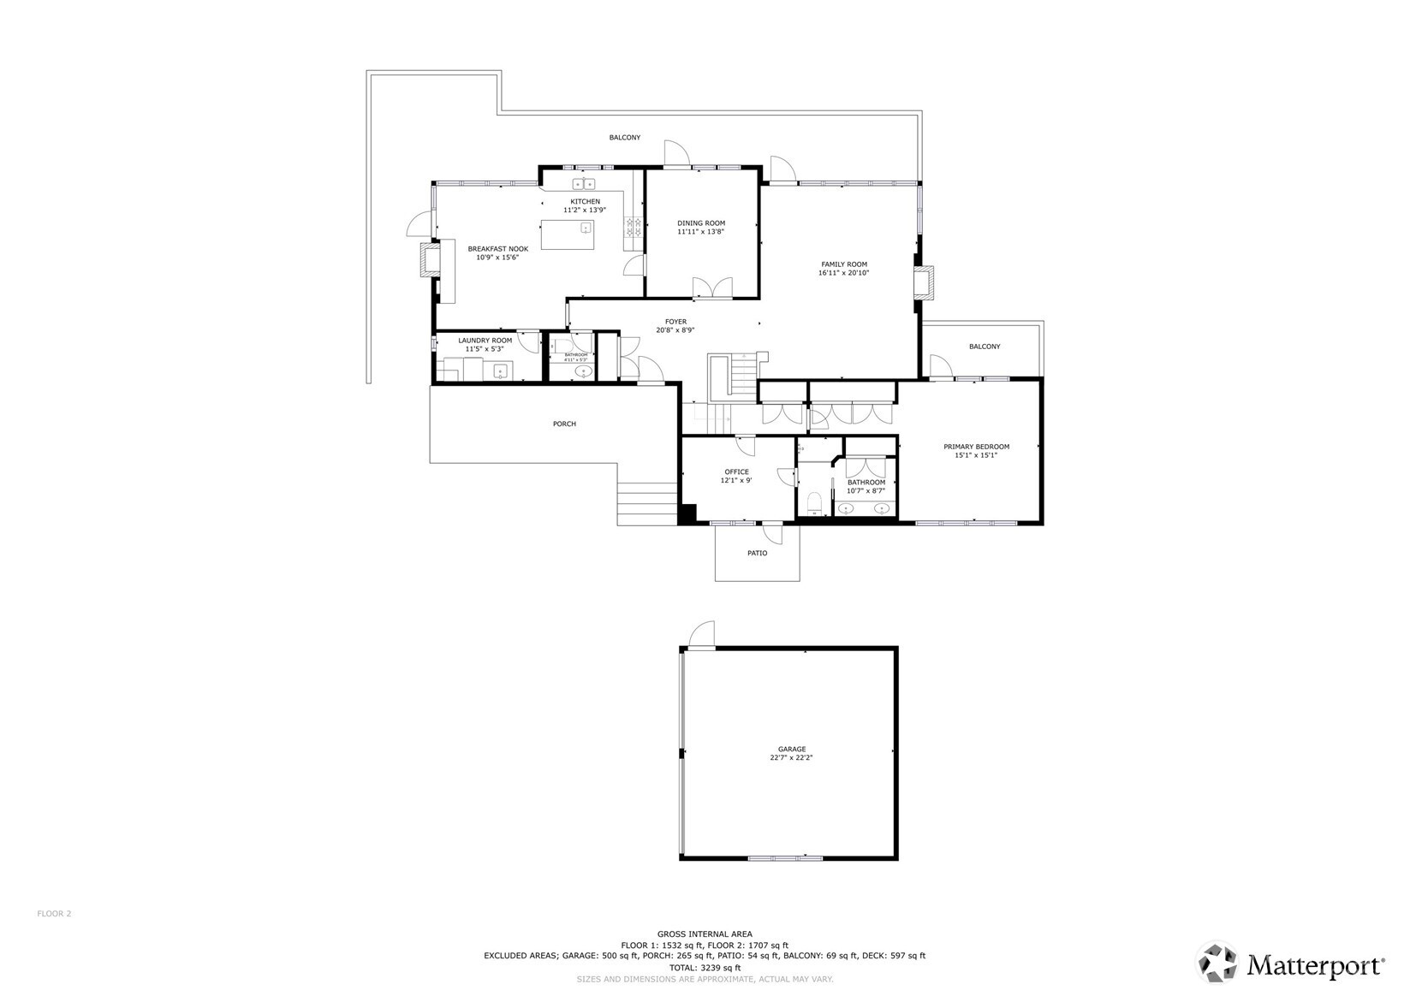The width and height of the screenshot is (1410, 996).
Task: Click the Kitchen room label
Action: tap(586, 201)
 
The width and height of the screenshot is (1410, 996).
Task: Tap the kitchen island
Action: tap(567, 234)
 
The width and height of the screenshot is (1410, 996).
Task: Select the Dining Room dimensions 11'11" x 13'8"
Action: tap(701, 232)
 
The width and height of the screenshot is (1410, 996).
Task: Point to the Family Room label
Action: tap(844, 264)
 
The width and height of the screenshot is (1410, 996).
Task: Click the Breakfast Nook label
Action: tap(497, 249)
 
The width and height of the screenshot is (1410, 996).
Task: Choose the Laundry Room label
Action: tap(485, 341)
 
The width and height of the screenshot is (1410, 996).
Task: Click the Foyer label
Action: tap(675, 322)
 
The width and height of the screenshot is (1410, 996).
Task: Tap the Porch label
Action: tap(564, 424)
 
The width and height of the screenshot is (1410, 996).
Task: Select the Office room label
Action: tap(736, 471)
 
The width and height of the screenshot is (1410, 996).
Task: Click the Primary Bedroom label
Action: tap(976, 447)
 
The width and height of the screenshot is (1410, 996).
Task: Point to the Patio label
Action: tap(757, 553)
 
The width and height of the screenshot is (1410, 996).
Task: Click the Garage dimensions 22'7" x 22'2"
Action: tap(791, 758)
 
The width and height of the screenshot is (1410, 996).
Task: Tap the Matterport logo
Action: tap(1291, 964)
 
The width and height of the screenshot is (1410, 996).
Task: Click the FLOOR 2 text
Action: tap(54, 913)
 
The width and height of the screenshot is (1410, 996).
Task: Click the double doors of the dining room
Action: tap(711, 288)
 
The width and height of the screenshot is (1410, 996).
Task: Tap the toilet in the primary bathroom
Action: tap(813, 502)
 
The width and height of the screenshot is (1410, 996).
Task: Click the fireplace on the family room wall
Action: tap(924, 282)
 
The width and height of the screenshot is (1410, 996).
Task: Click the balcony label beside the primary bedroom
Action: tap(985, 347)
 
